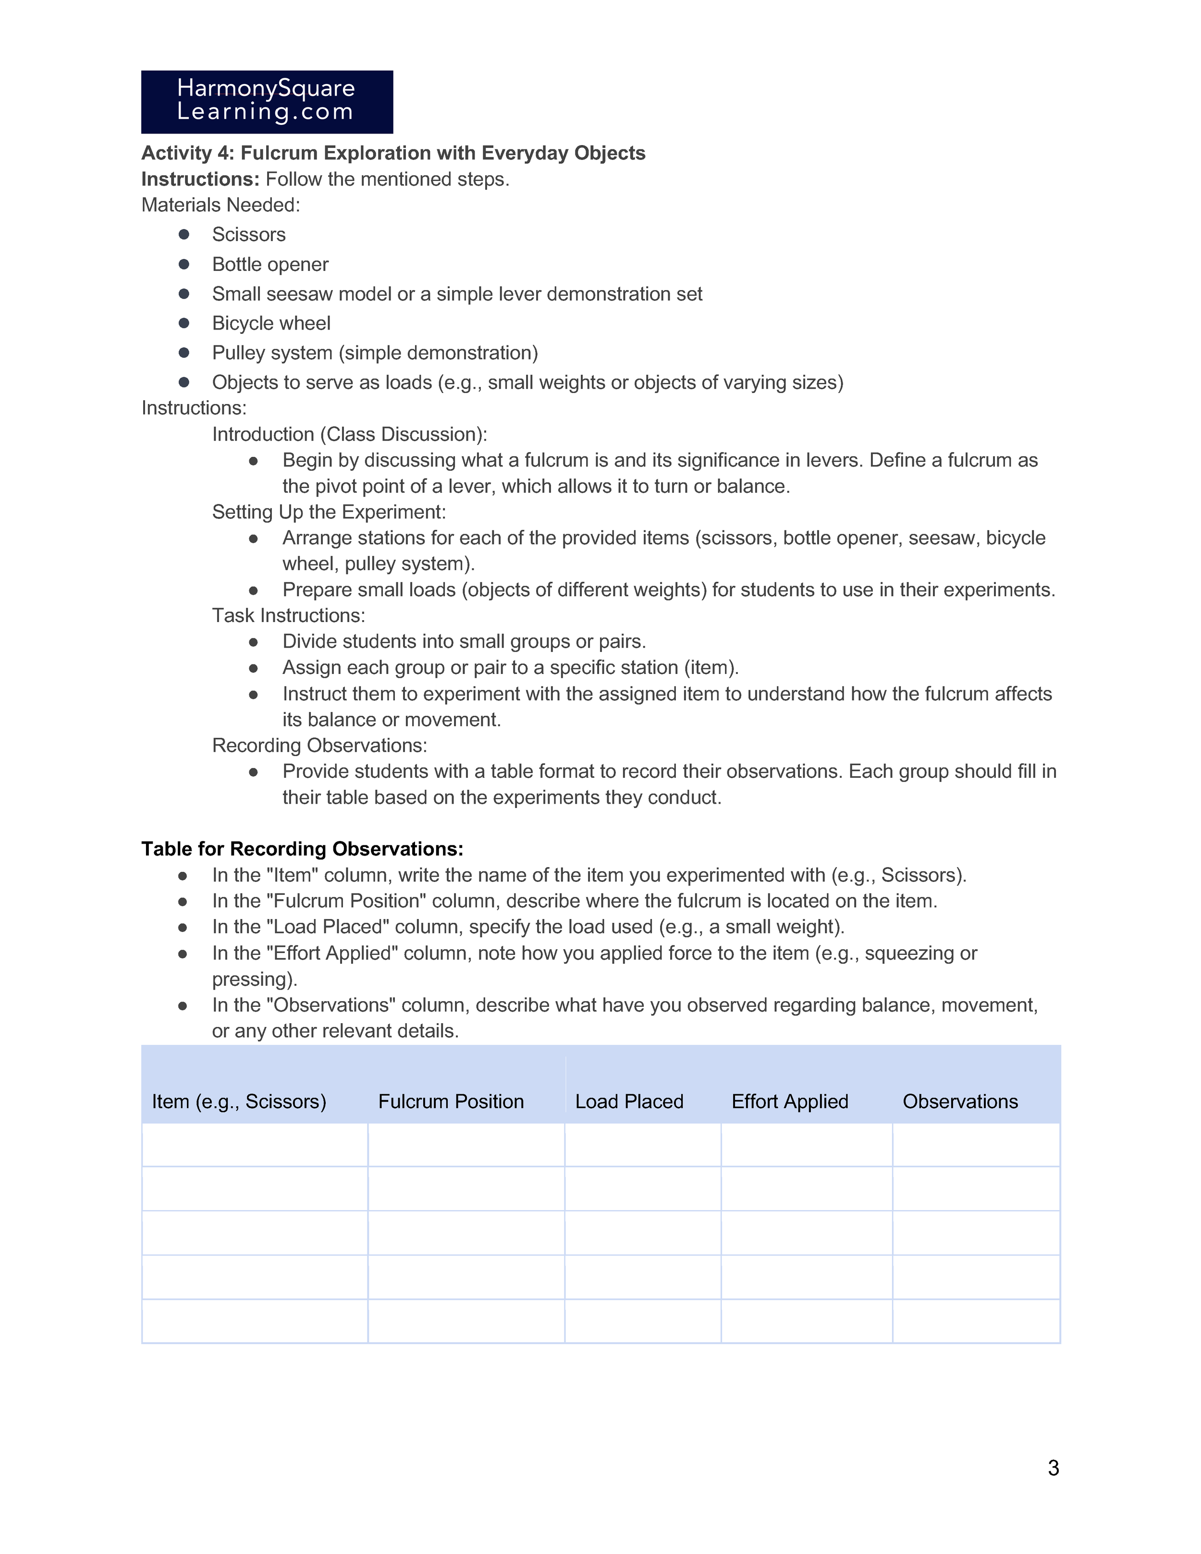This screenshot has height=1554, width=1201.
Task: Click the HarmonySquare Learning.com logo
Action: pos(267,102)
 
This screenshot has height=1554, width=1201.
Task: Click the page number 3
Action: pos(1053,1467)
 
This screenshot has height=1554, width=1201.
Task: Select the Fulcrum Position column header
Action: pos(451,1101)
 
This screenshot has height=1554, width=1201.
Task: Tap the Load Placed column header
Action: pos(629,1101)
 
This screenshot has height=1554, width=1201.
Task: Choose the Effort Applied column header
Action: pos(790,1101)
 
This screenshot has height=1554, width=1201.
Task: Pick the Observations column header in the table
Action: pos(960,1101)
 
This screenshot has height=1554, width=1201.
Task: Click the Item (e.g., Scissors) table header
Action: pos(239,1101)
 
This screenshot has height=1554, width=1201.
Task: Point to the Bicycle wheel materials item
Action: pos(271,324)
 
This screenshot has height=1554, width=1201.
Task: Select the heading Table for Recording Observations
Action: pos(302,849)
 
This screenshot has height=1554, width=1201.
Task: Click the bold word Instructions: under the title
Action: pos(200,179)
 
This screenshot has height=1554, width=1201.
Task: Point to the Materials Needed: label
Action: pos(221,205)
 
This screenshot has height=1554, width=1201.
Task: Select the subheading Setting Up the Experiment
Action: pos(329,512)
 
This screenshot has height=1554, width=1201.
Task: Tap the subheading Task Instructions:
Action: pos(288,615)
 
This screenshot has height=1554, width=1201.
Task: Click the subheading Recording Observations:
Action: pos(319,746)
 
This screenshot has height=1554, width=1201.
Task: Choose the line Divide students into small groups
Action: pos(464,642)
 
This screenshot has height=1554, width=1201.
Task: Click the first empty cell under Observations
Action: pos(976,1145)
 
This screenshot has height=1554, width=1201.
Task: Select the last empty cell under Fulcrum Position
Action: pos(466,1322)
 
